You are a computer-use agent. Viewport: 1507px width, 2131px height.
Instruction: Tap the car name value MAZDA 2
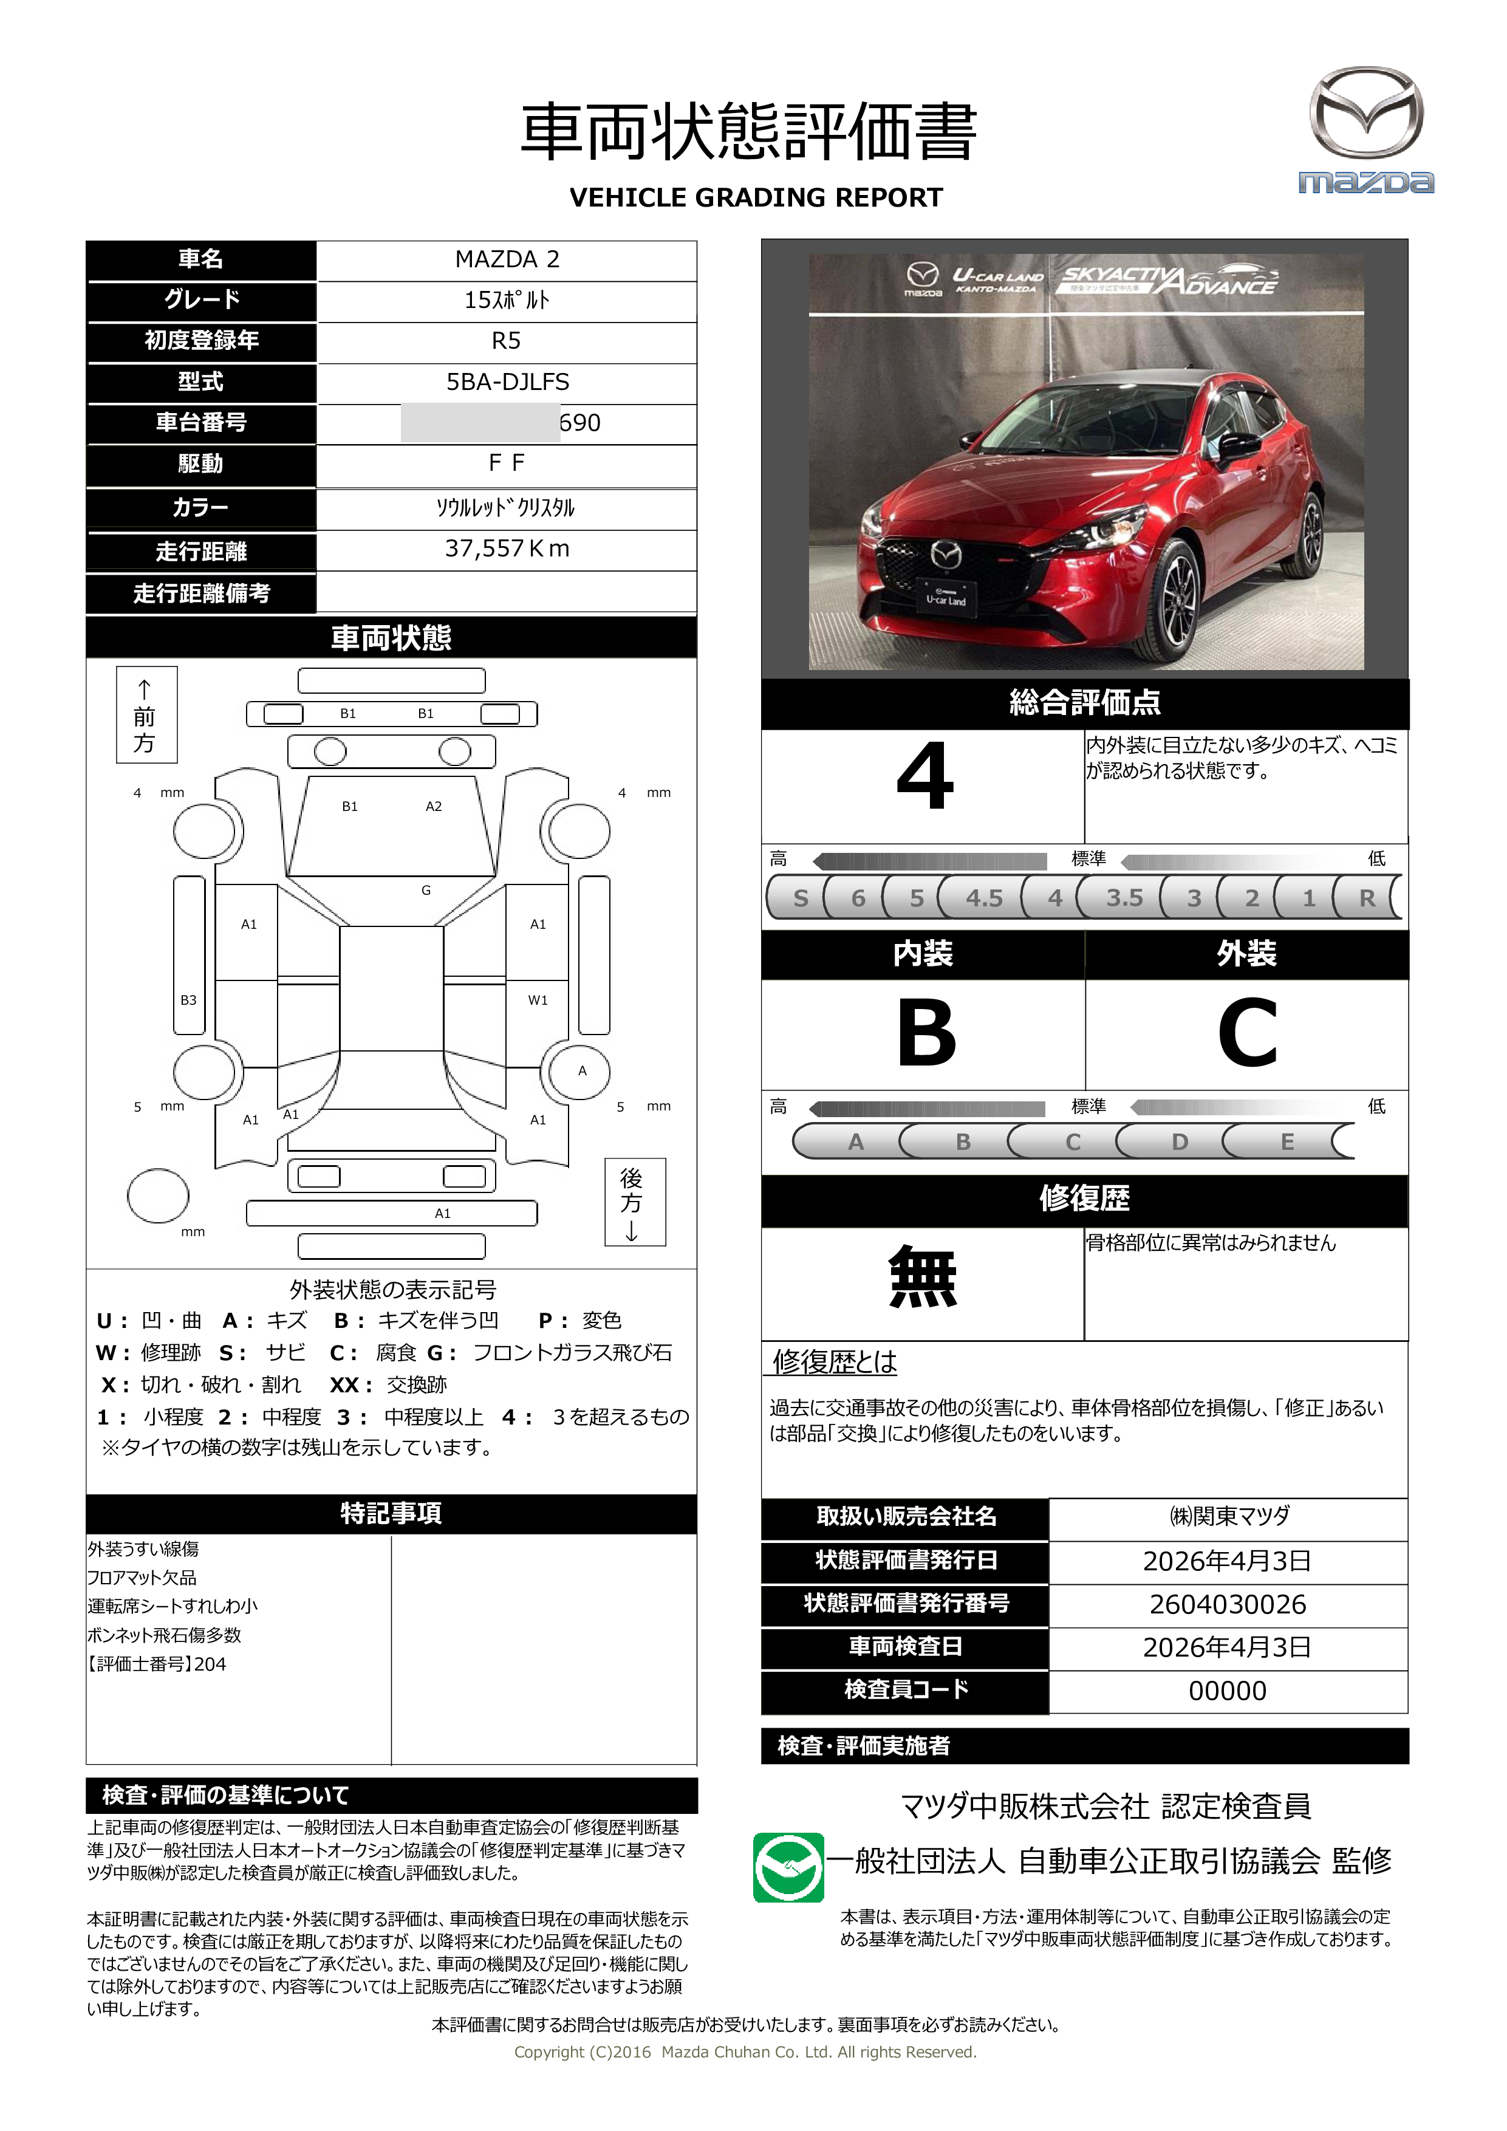point(507,260)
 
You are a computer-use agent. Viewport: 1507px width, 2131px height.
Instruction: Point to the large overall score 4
point(924,777)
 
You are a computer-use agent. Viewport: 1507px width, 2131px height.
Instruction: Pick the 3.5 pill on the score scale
point(1124,897)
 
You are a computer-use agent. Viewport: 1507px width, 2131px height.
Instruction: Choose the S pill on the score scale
point(800,897)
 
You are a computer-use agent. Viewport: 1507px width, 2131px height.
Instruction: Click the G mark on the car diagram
point(426,890)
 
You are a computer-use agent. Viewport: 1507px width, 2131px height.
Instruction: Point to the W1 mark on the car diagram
point(538,1000)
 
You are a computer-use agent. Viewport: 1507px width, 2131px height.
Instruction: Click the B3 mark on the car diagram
point(188,1000)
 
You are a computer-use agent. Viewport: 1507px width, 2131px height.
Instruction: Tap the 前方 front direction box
point(146,714)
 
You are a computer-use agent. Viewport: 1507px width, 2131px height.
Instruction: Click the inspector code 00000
point(1227,1691)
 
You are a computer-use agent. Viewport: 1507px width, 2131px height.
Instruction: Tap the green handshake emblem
point(788,1867)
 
